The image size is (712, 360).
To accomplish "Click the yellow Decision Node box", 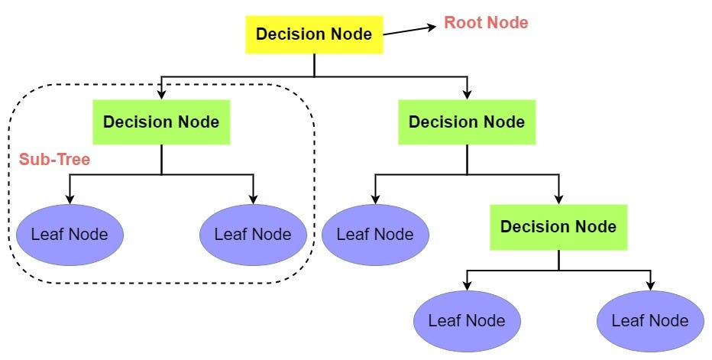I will point(313,34).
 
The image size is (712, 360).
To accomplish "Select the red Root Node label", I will point(486,23).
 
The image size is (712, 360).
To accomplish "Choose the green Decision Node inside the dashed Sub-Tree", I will point(161,122).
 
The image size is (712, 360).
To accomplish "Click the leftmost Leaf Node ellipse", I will point(70,234).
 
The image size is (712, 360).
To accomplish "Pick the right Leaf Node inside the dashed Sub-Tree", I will point(253,234).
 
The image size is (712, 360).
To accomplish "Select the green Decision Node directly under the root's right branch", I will point(467,122).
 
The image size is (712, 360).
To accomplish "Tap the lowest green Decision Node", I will point(558,227).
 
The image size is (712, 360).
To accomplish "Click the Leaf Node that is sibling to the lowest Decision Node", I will point(375,234).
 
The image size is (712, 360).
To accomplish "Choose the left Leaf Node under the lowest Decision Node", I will point(467,319).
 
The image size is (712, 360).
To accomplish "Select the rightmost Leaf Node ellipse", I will point(650,319).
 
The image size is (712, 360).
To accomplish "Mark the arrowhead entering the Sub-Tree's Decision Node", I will point(161,95).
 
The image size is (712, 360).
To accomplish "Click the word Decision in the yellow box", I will point(283,34).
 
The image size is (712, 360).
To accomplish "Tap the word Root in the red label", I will point(461,23).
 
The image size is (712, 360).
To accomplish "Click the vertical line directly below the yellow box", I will point(314,65).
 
